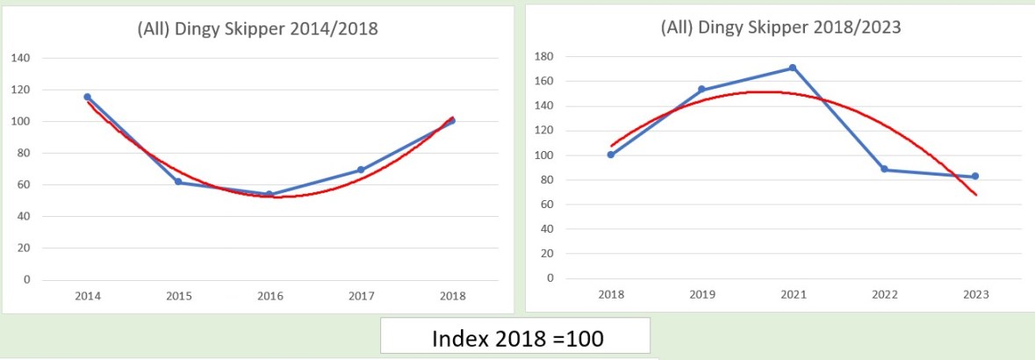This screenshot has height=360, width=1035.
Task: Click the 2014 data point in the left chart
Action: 87,97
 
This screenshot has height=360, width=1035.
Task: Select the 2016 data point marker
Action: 270,194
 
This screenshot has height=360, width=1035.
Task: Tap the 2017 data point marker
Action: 361,169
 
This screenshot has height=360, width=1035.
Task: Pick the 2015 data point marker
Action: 178,182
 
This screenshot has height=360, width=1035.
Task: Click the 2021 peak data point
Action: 793,68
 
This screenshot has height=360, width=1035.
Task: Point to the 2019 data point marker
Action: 701,89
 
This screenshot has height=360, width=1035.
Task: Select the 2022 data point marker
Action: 884,169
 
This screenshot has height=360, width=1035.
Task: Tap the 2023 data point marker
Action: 975,176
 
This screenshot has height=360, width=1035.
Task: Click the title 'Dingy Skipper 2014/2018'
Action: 257,28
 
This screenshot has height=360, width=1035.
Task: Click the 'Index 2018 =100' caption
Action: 514,337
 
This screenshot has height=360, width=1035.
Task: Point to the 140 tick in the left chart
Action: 21,58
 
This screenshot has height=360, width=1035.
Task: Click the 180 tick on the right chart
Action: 545,56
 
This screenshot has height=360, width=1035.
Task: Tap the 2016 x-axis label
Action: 270,296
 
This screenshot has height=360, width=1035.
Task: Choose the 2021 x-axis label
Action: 793,295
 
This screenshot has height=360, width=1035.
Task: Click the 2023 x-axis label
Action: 975,295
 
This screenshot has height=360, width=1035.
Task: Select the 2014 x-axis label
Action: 87,296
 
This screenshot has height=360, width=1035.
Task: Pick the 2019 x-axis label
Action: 701,295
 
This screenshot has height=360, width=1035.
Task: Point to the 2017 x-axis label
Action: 361,296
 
